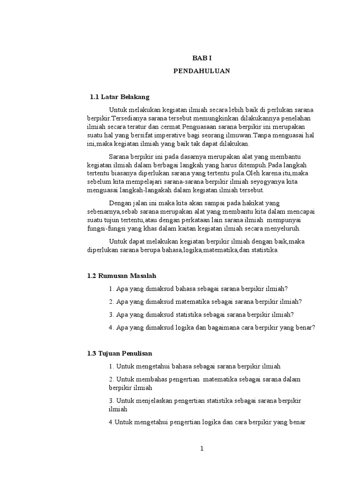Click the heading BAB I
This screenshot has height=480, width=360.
(202, 58)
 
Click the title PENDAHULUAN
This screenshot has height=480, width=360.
(202, 72)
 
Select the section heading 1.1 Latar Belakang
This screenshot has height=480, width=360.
(120, 97)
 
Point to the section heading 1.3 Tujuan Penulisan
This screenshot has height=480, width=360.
(120, 353)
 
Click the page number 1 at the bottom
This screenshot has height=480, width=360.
(202, 449)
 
